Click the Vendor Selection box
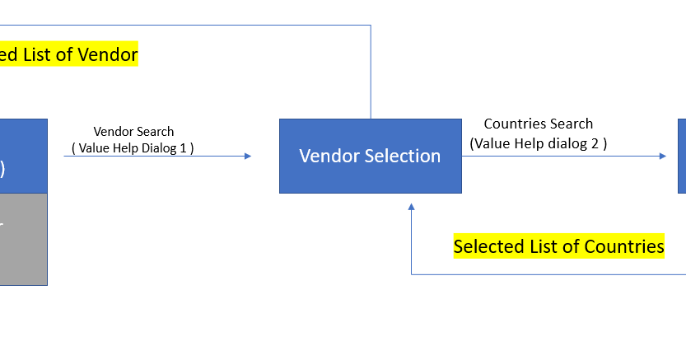coord(370,156)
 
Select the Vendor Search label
coord(133,132)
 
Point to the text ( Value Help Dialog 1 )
coord(133,148)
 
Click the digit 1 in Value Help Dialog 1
coord(182,148)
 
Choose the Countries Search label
coord(538,124)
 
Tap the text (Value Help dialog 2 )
coord(538,143)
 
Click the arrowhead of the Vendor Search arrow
coord(247,156)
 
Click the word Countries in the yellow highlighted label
coord(623,246)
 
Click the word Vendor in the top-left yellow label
coord(107,55)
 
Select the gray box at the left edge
coord(23,239)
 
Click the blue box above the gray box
coord(23,156)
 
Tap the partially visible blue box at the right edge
coord(682,156)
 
